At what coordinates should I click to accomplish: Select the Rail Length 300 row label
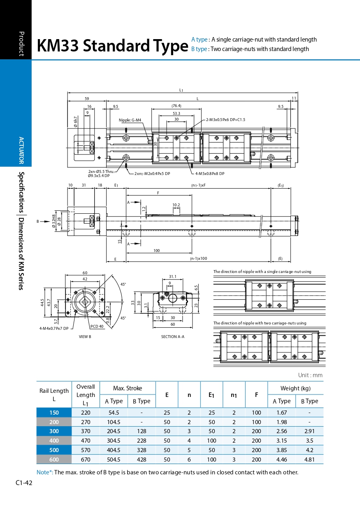pos(54,431)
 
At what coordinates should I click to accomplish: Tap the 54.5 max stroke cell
pos(114,413)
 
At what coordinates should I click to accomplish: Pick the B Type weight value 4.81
pos(309,460)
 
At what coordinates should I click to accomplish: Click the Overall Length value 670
pos(86,460)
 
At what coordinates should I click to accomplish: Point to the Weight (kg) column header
pos(295,388)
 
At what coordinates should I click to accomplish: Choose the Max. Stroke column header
pos(128,388)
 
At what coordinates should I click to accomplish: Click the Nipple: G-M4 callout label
pos(130,120)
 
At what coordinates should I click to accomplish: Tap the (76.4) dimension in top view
pos(176,106)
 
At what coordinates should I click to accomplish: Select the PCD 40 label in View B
pos(97,326)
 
